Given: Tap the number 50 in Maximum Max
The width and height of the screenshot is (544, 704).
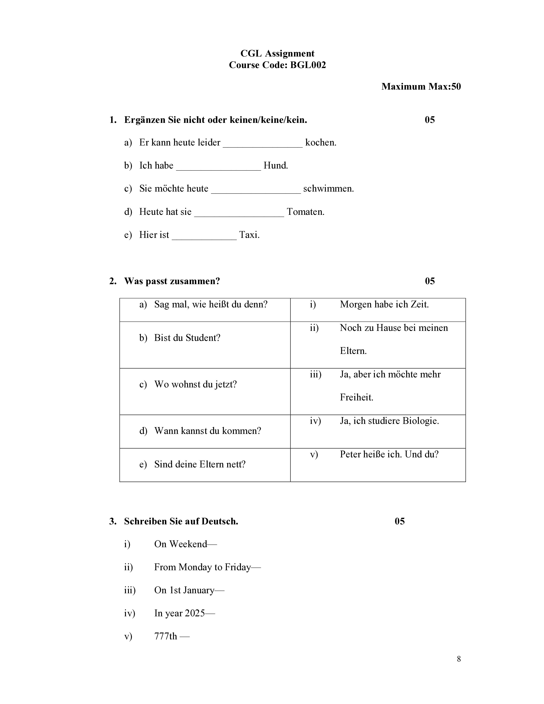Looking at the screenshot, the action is [456, 86].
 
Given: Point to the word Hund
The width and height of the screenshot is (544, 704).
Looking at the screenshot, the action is [276, 166].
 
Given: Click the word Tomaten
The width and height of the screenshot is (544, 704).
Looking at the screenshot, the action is [305, 212].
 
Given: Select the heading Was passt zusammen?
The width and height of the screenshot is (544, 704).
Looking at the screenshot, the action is [172, 281].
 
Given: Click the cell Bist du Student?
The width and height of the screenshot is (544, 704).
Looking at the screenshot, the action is [187, 338].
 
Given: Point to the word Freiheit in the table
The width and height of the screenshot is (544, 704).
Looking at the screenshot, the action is [356, 397].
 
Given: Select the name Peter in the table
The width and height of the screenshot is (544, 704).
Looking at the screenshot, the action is [350, 454].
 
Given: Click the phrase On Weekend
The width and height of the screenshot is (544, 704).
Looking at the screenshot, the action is [180, 544].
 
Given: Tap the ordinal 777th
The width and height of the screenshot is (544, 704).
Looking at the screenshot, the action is [166, 636].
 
